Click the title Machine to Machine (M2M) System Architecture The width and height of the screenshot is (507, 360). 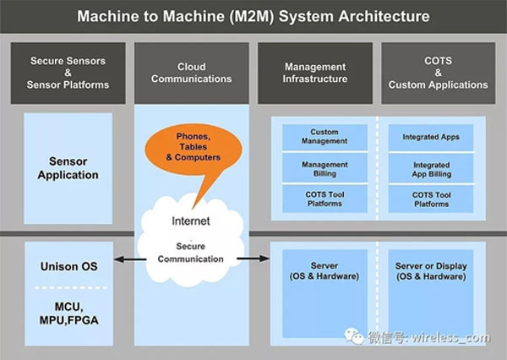(253, 16)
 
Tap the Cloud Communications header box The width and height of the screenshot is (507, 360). (192, 73)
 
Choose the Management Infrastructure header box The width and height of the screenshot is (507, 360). (314, 73)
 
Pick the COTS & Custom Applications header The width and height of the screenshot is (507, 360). (438, 73)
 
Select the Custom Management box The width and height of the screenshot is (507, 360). (324, 137)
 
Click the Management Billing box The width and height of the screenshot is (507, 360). (324, 169)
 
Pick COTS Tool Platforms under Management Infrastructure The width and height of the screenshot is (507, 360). (324, 199)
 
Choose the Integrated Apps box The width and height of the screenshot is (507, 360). (432, 137)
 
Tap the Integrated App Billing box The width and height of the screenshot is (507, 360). (432, 169)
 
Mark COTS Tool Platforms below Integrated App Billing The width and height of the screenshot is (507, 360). (432, 199)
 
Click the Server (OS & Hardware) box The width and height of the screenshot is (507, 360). (324, 270)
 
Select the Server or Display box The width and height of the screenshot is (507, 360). (432, 270)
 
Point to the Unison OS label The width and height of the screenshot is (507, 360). (69, 266)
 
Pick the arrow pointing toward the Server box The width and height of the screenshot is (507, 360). (248, 259)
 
